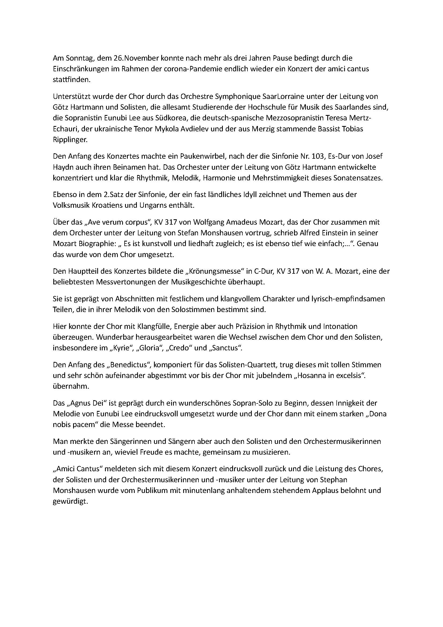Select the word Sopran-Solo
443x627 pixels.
coord(251,403)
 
